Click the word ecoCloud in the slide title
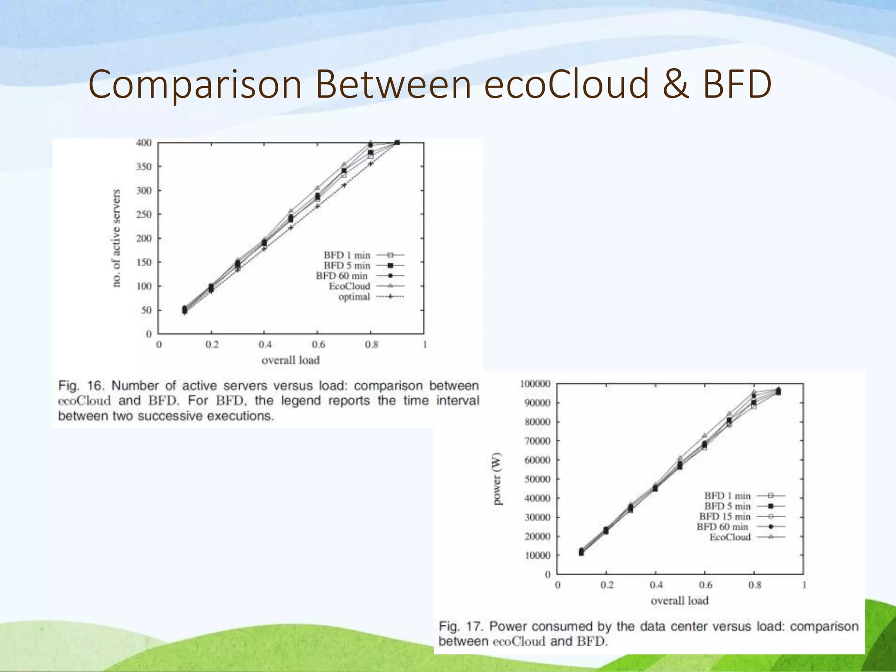tap(566, 84)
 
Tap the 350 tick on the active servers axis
tap(143, 167)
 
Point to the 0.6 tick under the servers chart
tap(318, 345)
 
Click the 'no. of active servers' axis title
tap(116, 238)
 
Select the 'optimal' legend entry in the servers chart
tap(354, 297)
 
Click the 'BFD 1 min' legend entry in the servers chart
tap(347, 255)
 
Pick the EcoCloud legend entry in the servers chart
tap(349, 286)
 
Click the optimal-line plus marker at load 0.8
tap(371, 164)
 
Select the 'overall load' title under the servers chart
tap(290, 360)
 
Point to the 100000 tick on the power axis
tap(535, 384)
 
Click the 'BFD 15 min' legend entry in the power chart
tap(724, 517)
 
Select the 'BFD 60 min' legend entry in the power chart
tap(722, 527)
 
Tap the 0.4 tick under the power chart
tap(655, 585)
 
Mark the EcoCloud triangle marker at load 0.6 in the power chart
tap(704, 436)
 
